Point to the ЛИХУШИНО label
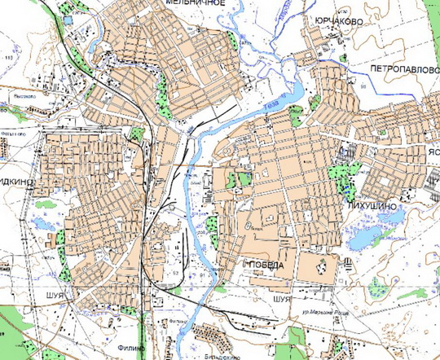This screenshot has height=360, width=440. click(x=372, y=207)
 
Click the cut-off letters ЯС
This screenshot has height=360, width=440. click(x=433, y=152)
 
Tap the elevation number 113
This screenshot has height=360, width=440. click(x=10, y=59)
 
